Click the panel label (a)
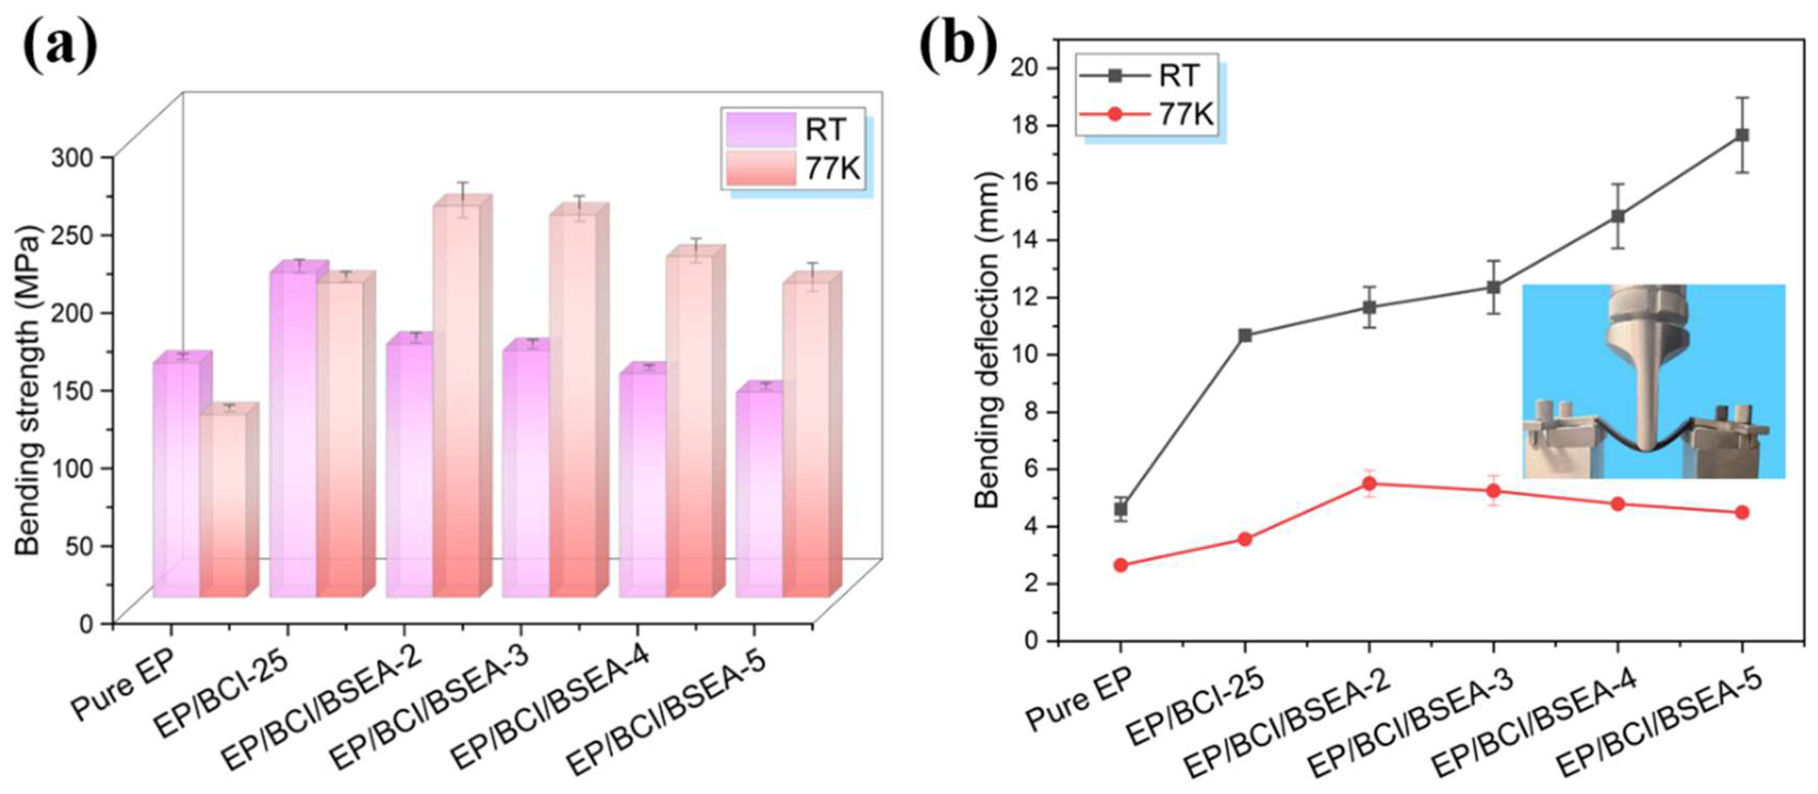coord(61,44)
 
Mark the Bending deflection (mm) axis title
coord(988,340)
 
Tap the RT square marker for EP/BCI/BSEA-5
coord(1742,135)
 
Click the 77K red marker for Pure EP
coord(1121,565)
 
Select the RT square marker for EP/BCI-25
coord(1245,335)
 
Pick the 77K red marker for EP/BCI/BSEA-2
coord(1369,483)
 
